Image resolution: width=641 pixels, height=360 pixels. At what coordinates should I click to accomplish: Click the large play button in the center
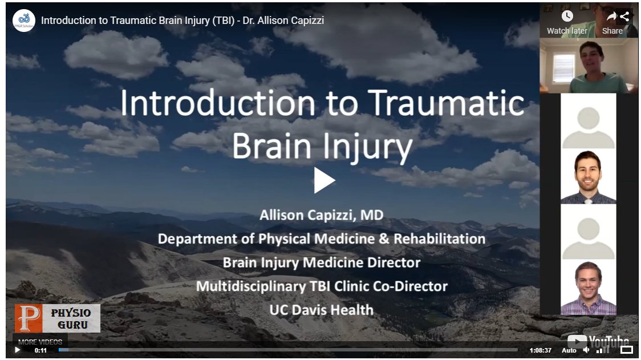point(324,180)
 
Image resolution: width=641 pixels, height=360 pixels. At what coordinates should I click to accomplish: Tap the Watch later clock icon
point(567,16)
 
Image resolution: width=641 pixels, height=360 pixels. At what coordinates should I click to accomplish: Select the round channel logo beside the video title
point(24,21)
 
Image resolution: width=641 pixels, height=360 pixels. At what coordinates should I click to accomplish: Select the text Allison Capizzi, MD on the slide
point(321,215)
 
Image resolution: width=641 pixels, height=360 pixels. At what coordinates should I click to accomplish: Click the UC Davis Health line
point(321,310)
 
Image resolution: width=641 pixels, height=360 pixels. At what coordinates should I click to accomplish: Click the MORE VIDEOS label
point(40,342)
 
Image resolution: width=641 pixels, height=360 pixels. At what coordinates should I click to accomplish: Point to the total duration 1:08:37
point(540,350)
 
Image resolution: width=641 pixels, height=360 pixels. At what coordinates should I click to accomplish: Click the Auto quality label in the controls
point(569,350)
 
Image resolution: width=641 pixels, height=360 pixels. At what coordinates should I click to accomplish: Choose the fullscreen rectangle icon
point(626,350)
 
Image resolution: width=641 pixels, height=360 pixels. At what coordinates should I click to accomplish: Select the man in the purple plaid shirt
point(588,288)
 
